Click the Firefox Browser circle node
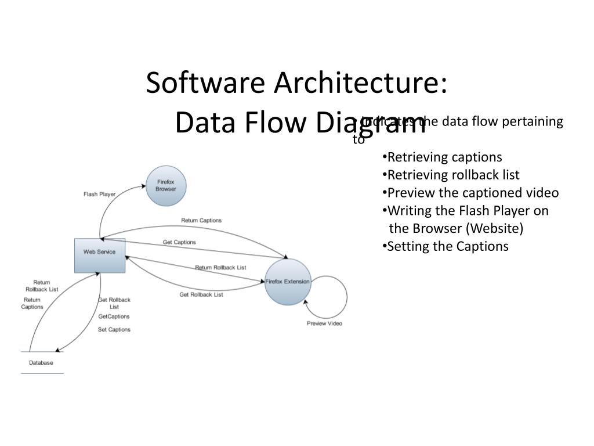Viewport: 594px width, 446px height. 166,186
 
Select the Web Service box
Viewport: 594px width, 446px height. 100,255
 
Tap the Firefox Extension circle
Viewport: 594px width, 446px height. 288,282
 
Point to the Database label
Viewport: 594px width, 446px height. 41,363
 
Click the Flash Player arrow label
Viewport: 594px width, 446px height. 100,194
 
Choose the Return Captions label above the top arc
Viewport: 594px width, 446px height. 201,221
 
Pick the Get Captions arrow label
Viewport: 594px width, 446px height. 179,242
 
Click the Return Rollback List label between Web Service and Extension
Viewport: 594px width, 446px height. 220,268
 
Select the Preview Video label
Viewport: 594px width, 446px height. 324,323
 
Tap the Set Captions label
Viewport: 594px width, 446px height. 114,329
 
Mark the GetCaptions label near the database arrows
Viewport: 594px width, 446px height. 114,316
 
